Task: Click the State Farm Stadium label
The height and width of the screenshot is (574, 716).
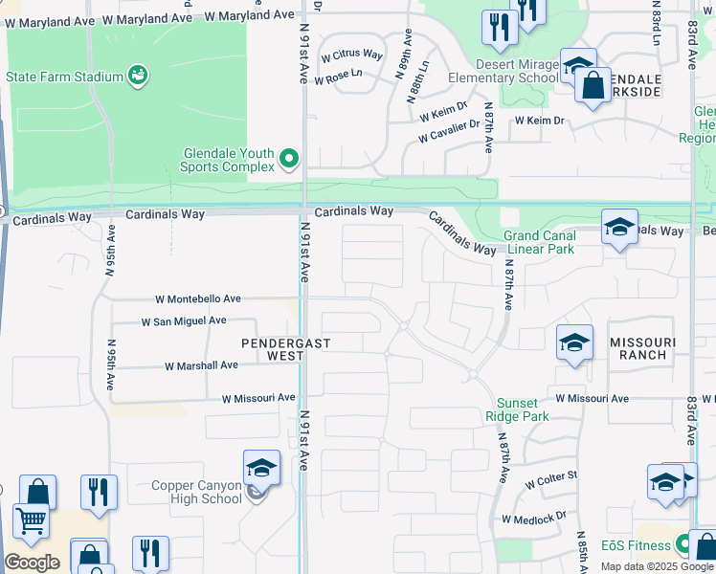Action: tap(64, 77)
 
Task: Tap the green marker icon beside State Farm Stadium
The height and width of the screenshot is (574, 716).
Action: tap(138, 75)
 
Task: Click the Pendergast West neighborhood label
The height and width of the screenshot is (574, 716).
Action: tap(272, 349)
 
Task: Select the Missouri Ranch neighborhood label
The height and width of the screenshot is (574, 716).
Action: tap(641, 348)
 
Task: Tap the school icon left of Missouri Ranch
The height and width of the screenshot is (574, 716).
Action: tap(573, 342)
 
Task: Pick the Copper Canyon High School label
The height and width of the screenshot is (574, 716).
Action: tap(196, 492)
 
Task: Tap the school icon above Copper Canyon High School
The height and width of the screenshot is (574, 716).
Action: tap(261, 468)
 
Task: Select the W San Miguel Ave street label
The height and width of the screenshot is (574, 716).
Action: tap(184, 321)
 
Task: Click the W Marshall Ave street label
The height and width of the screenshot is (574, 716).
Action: tap(201, 365)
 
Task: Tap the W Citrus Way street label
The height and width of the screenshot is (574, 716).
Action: tap(351, 55)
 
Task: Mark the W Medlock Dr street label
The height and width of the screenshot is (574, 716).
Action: tap(534, 519)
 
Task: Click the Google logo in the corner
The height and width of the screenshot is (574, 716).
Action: tap(32, 562)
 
